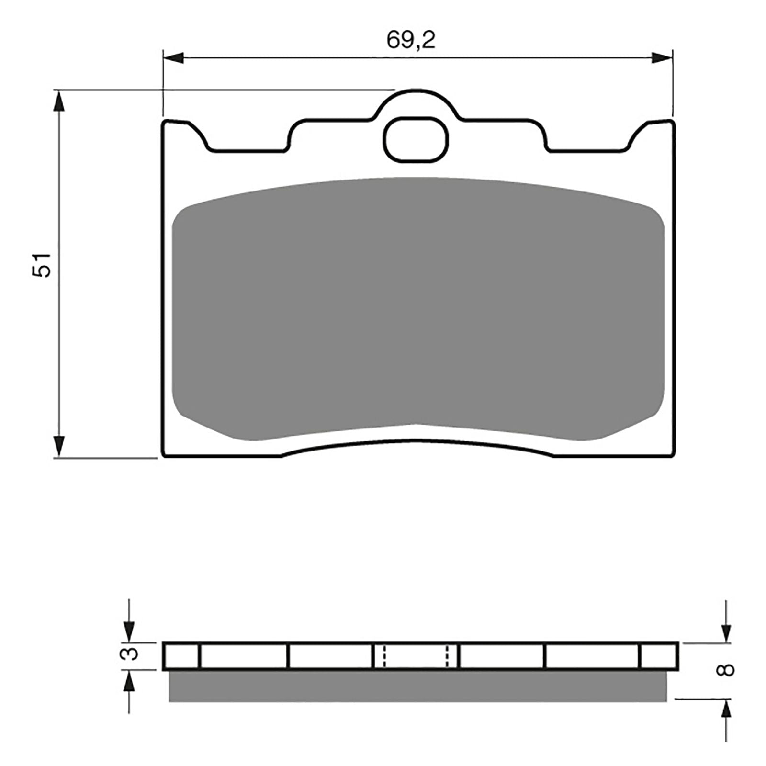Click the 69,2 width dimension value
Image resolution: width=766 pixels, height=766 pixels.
coord(411,41)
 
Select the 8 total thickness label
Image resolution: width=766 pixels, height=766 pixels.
coord(726,669)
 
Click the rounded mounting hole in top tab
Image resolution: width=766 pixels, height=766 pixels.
coord(416,139)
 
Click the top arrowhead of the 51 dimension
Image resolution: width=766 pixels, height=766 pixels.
coord(58,101)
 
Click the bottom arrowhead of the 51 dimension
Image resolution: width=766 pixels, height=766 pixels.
coord(58,446)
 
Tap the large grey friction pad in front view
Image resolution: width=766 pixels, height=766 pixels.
coord(417,306)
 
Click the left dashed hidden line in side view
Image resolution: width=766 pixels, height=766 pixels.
coord(383,656)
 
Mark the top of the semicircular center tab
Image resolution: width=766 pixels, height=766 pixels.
coord(417,90)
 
